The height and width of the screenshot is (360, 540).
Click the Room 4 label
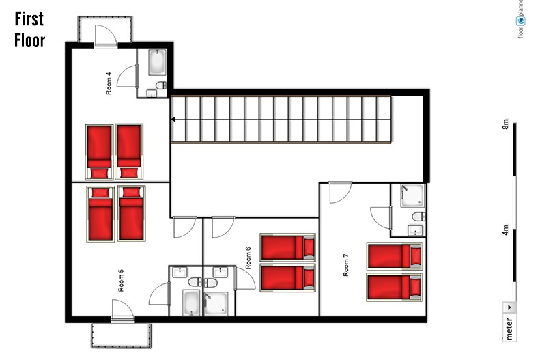109,83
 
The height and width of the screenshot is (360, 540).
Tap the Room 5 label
121,281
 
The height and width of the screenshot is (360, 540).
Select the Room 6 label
248,258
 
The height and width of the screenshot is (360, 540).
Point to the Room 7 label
345,265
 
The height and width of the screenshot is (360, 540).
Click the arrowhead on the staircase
173,119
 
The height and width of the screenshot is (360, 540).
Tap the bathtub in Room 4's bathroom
158,62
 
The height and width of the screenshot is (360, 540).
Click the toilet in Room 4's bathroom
161,85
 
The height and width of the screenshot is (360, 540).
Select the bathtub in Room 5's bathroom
191,303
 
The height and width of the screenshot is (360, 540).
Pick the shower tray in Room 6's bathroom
216,304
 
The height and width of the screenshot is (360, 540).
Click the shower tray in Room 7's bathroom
412,195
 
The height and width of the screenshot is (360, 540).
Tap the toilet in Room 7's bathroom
418,217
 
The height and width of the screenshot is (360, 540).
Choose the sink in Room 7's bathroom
415,230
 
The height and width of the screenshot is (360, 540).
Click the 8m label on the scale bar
505,124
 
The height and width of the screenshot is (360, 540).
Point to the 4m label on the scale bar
505,230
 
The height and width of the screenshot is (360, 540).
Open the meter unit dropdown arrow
509,307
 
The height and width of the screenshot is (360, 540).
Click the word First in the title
29,18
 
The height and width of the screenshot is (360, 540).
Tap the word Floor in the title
30,40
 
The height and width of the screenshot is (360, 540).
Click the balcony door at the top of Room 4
105,35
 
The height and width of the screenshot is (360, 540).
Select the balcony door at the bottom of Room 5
123,311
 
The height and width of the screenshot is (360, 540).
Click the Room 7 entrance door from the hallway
341,192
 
